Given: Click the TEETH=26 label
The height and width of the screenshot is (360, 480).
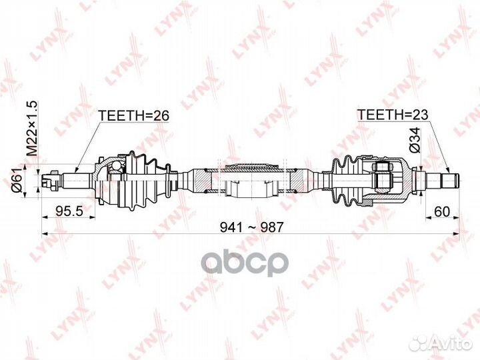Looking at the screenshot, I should tap(134, 115).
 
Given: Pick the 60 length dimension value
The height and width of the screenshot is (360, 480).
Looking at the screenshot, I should tap(440, 211).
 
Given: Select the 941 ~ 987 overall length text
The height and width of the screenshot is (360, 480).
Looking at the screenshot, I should tap(253, 227).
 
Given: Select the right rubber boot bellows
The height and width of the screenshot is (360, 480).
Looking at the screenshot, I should tap(344, 179).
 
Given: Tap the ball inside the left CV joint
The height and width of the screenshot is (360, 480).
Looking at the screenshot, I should tap(114, 175).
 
